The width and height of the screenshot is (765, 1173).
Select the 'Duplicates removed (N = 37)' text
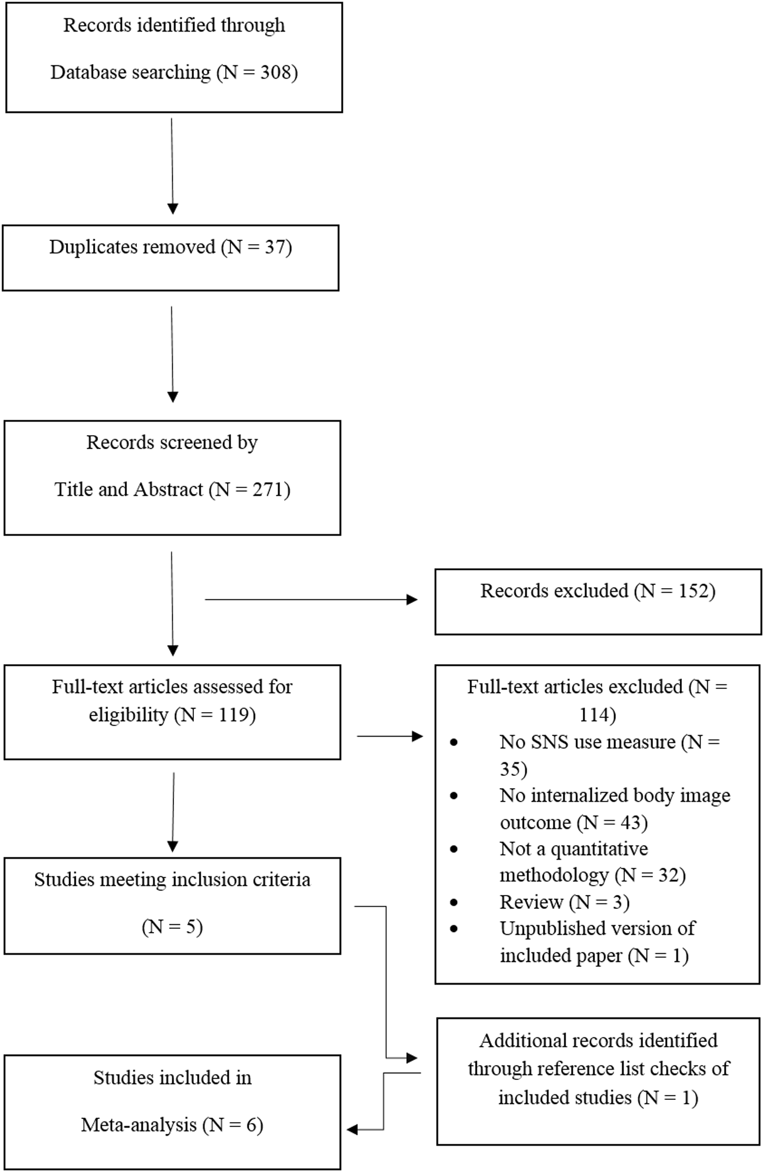(171, 247)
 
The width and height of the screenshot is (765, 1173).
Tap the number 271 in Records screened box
(268, 490)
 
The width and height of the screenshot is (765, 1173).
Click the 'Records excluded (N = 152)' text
(598, 591)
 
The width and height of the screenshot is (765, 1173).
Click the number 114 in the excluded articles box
(597, 715)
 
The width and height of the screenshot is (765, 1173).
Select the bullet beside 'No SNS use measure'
(454, 743)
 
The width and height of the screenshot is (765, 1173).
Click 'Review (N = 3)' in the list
(564, 902)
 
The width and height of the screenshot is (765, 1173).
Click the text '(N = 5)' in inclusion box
(172, 927)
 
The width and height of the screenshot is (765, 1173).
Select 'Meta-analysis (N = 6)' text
(172, 1125)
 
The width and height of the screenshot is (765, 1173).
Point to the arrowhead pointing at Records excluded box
(412, 599)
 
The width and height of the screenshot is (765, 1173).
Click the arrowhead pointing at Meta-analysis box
(352, 1129)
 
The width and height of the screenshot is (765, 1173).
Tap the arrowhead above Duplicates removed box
(172, 208)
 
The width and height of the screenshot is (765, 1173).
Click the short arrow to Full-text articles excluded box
(390, 736)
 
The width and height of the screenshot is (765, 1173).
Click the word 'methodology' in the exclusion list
(554, 875)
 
